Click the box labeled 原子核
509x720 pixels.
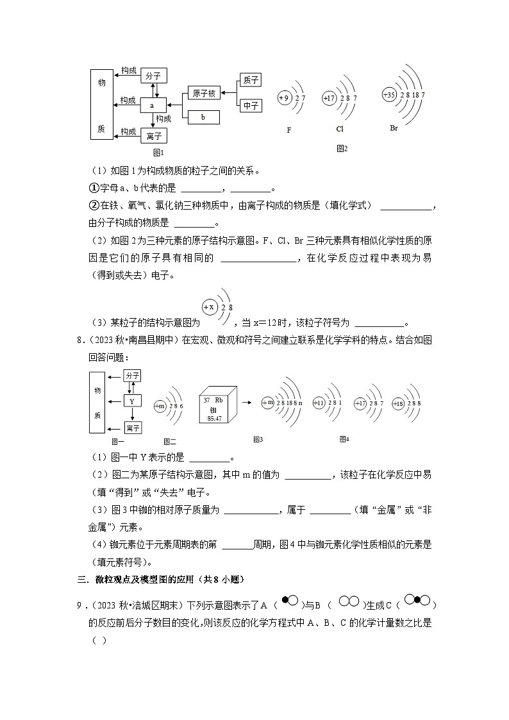tap(204, 93)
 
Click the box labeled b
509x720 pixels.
tap(203, 117)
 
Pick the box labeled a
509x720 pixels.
tap(153, 105)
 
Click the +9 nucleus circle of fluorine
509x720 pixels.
tap(285, 97)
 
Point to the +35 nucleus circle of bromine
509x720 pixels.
tap(389, 94)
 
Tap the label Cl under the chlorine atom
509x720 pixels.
tap(340, 129)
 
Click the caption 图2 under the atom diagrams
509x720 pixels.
tap(342, 149)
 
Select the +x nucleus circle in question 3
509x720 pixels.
tap(209, 306)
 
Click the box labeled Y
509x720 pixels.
tap(132, 401)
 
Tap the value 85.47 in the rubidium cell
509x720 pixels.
tap(215, 418)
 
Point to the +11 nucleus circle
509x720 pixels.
tap(319, 403)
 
